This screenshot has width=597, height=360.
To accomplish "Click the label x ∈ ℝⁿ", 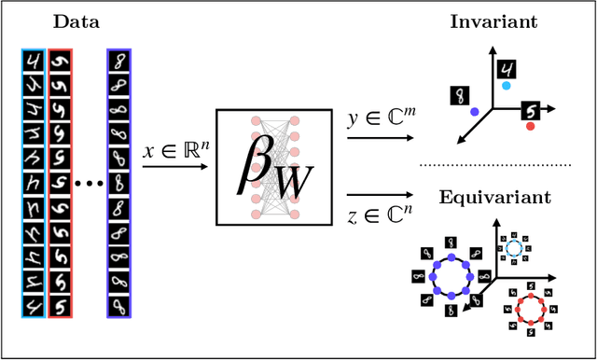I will click(173, 150).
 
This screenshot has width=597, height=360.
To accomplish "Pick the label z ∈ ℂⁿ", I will click(374, 216).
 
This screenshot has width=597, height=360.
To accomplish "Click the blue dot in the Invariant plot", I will click(475, 111).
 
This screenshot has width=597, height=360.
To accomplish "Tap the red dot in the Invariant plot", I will click(531, 126).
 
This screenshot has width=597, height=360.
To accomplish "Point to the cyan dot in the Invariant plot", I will click(505, 85).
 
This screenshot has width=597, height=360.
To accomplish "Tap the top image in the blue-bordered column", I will click(118, 62).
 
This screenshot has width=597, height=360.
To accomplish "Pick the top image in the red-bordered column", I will click(59, 62).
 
